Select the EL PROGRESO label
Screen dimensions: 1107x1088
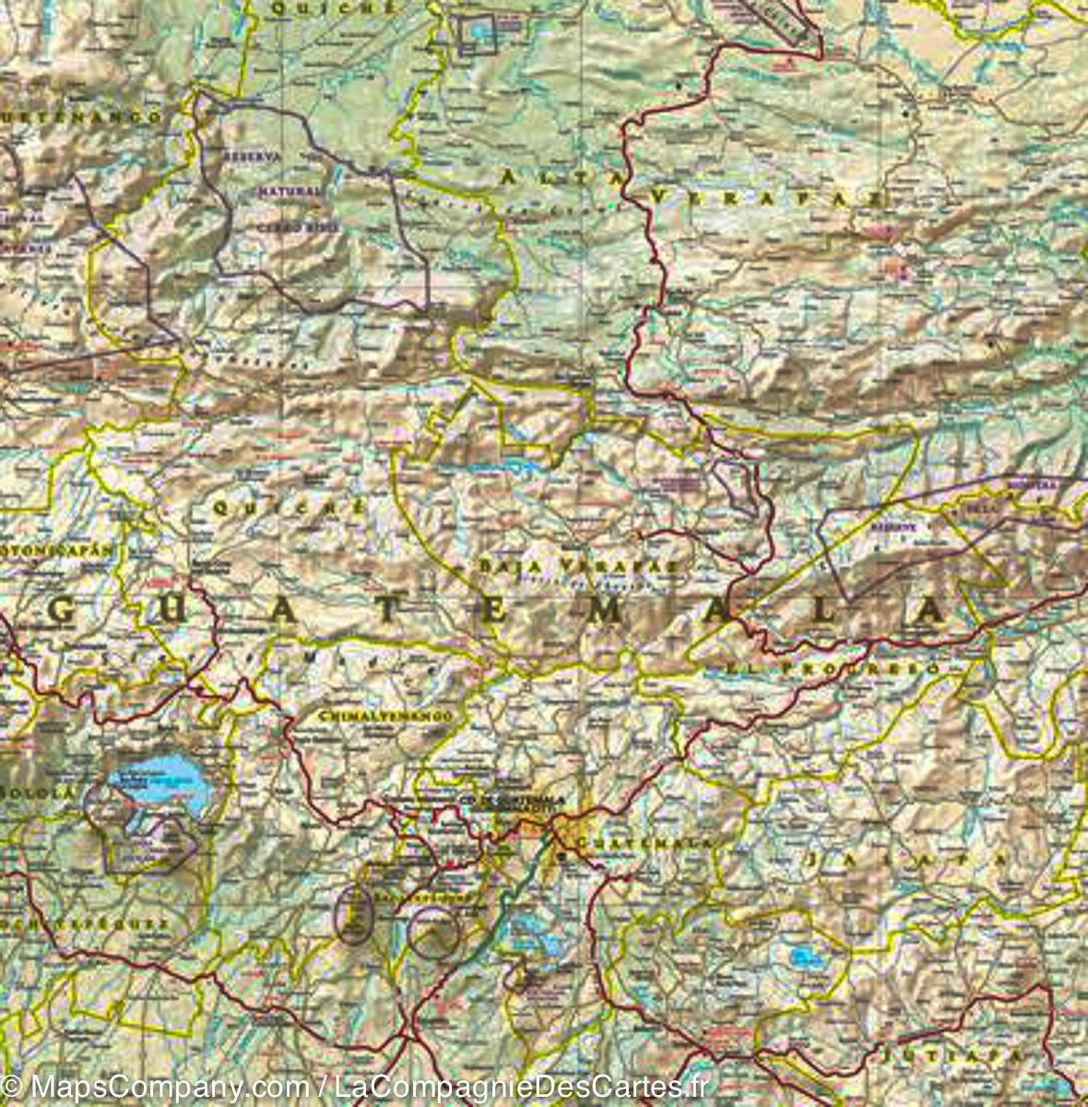[833, 668]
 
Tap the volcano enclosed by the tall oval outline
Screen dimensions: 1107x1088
[353, 914]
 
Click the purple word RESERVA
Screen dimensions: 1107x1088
[252, 157]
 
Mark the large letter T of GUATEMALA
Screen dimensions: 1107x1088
[387, 613]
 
